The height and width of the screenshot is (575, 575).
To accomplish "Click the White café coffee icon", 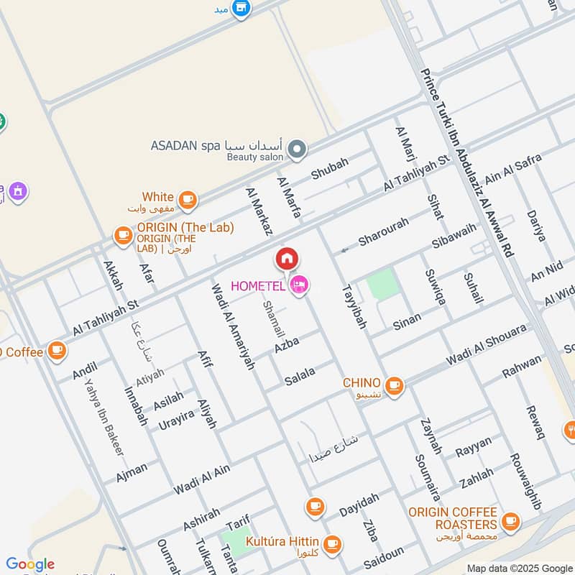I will click(188, 200).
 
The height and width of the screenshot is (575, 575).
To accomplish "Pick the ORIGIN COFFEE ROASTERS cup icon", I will click(510, 521).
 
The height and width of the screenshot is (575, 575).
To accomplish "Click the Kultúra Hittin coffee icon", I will click(331, 543).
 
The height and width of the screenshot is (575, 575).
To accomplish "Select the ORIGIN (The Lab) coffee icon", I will click(123, 234).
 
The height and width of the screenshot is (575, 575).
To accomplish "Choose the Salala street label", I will click(300, 374).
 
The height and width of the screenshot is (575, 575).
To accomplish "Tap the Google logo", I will click(30, 564).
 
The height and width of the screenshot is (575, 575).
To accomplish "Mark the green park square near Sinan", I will click(382, 285).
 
